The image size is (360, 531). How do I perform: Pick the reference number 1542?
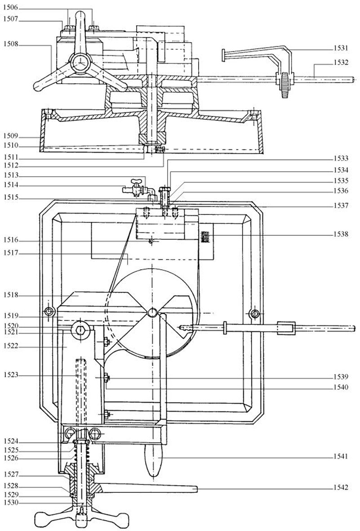click(x=341, y=488)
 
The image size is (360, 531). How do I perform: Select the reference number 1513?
click(x=9, y=176)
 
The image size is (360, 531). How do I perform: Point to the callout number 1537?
click(x=341, y=206)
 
